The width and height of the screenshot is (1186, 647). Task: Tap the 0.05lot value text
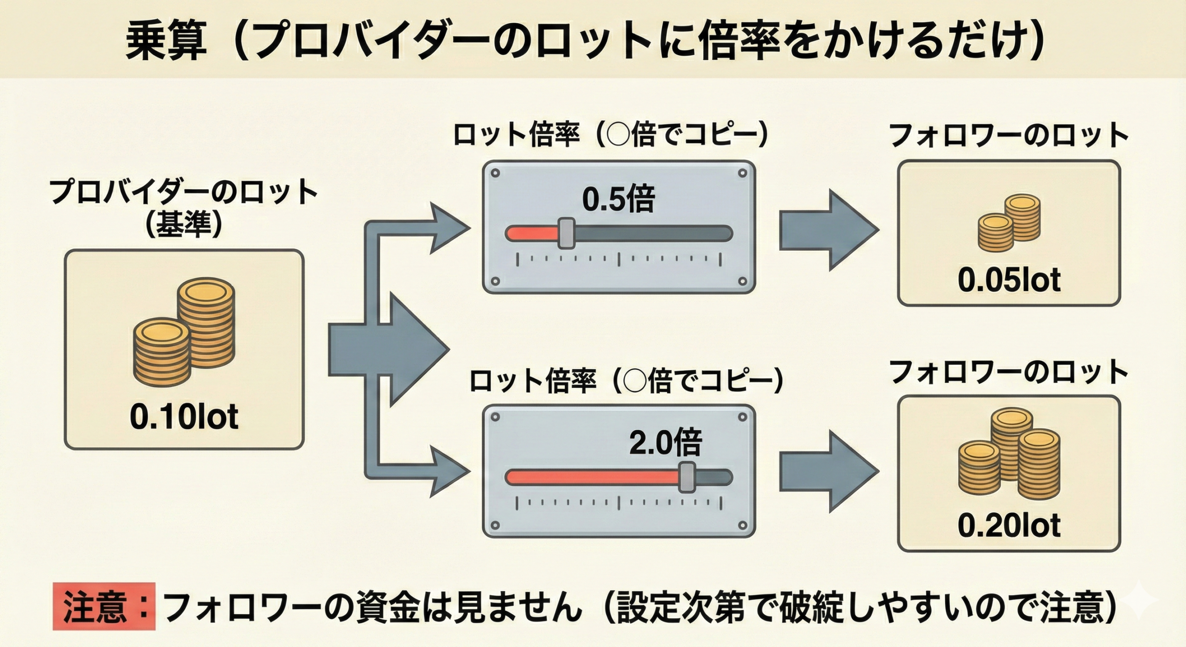tap(1009, 280)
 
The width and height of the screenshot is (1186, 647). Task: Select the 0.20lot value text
tap(1009, 526)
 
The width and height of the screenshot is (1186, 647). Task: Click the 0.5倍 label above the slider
tap(618, 200)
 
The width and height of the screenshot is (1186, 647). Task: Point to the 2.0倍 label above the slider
tap(665, 444)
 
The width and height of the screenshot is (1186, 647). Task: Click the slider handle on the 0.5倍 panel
tap(566, 233)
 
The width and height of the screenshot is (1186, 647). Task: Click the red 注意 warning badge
tap(104, 606)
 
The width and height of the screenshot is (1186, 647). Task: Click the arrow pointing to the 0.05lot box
tap(829, 230)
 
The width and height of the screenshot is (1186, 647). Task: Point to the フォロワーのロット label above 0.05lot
tap(1009, 136)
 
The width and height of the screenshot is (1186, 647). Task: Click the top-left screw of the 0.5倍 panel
tap(495, 174)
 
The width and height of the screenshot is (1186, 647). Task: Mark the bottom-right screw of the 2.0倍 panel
tap(743, 526)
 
